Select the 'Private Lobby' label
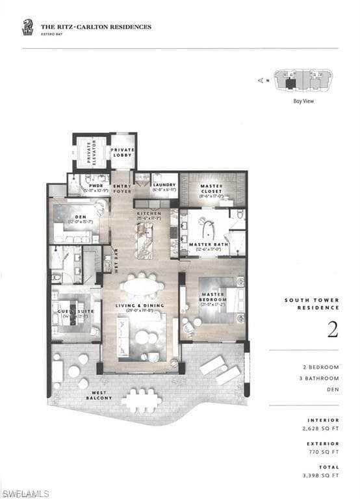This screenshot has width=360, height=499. [x=122, y=151]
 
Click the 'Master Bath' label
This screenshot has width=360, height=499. [x=205, y=245]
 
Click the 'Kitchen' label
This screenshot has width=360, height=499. [x=149, y=215]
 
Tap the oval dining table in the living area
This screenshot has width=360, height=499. [x=142, y=285]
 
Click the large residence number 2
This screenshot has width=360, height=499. [x=332, y=330]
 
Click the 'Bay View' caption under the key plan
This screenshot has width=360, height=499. [x=303, y=101]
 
